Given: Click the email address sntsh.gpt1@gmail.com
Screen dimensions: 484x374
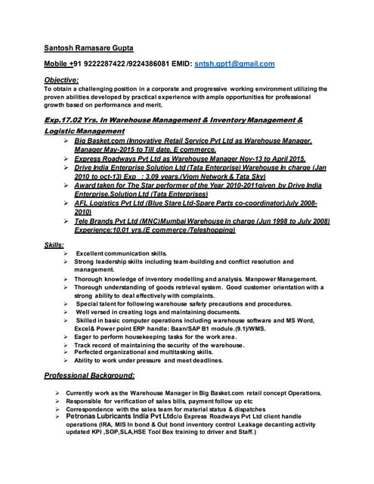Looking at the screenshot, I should click(x=234, y=64).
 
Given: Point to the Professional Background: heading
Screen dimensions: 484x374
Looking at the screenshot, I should click(x=89, y=375).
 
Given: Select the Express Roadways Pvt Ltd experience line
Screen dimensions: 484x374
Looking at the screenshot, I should click(x=189, y=160).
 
